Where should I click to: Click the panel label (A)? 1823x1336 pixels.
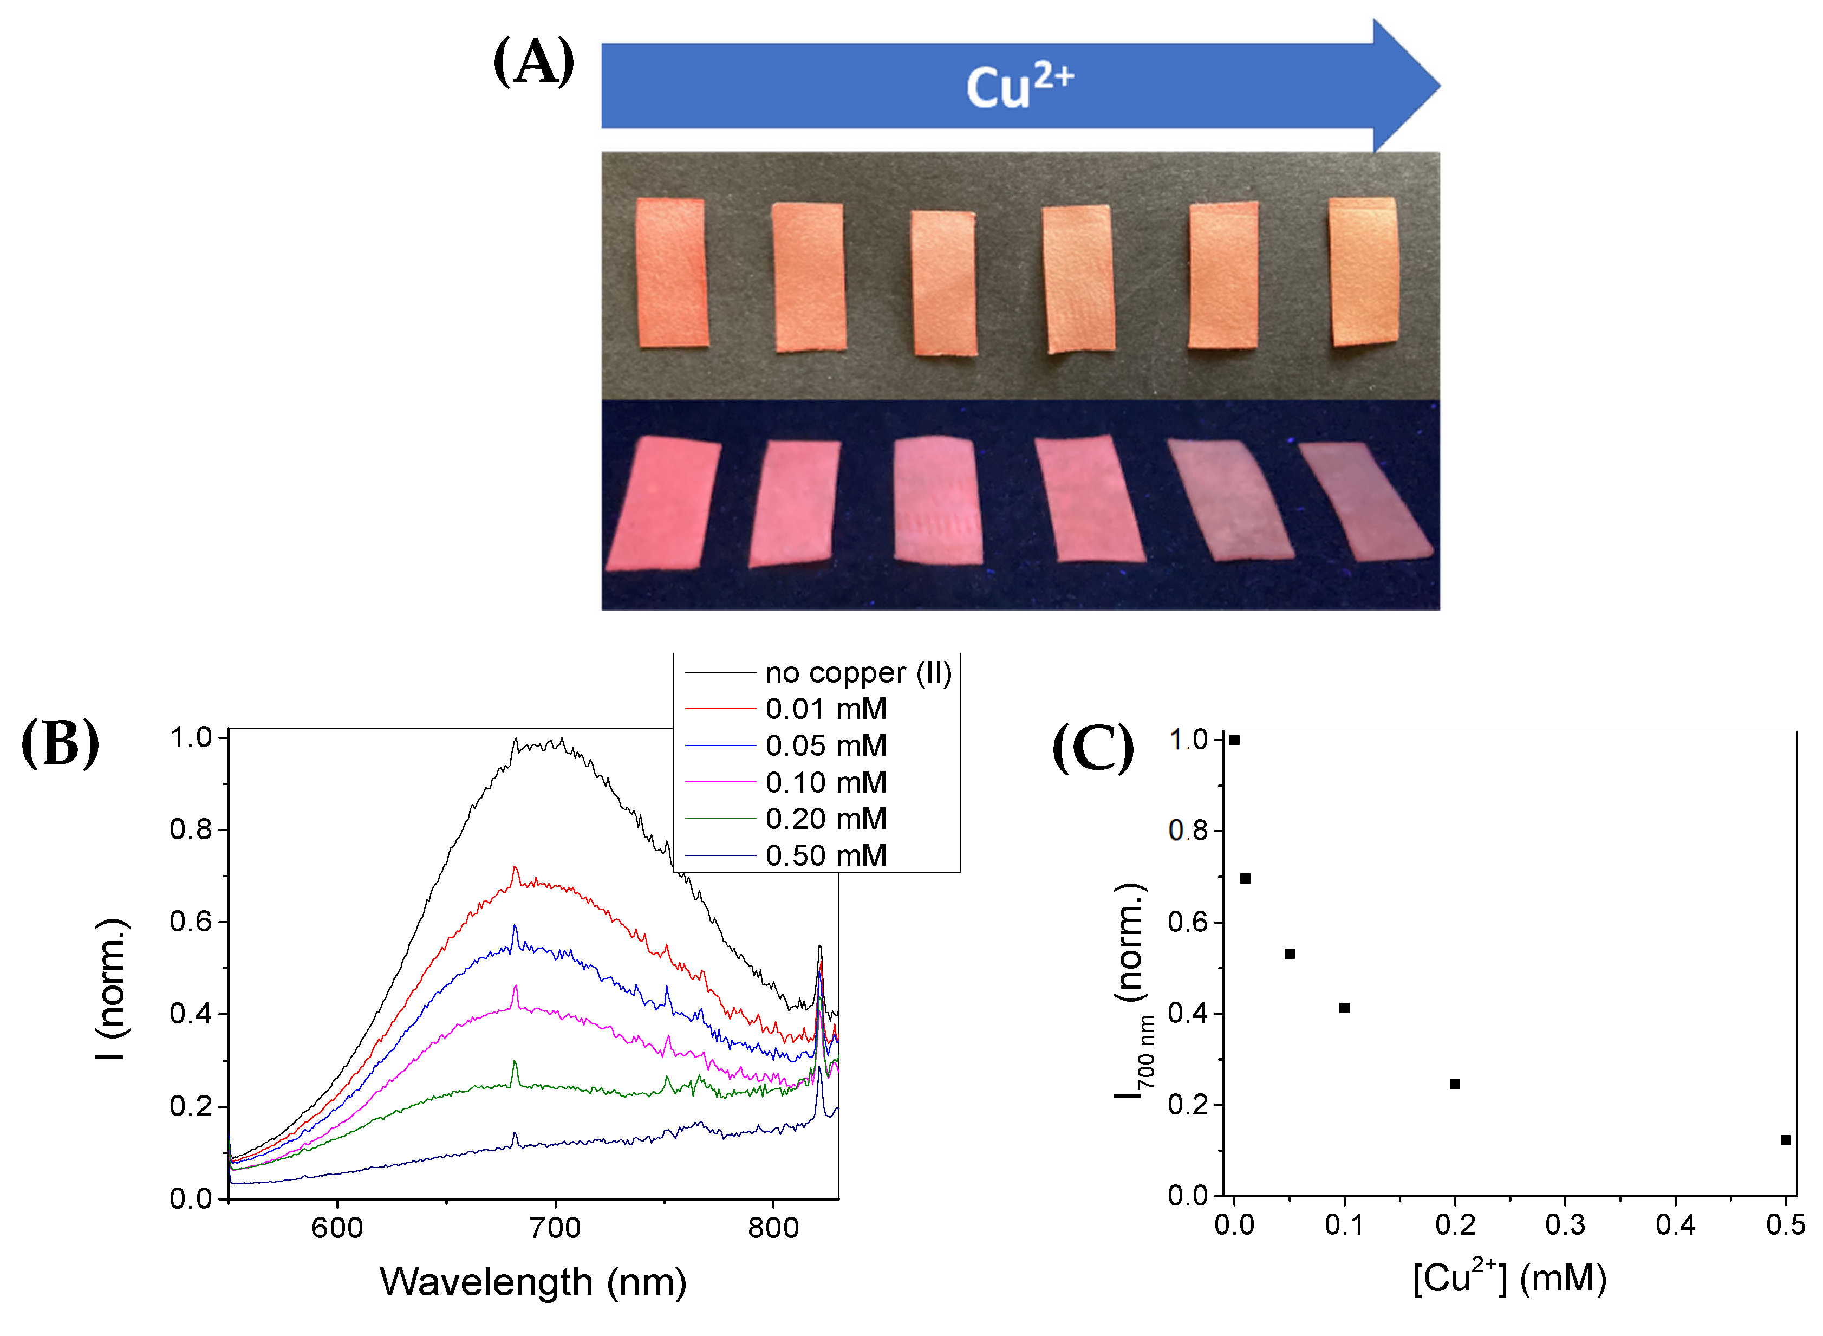[x=533, y=62]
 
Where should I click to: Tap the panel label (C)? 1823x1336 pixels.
[x=1093, y=748]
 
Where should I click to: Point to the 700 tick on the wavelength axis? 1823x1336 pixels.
[x=555, y=1228]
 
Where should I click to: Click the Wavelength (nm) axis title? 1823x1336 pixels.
[x=533, y=1282]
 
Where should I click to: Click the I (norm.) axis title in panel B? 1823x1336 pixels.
[x=112, y=988]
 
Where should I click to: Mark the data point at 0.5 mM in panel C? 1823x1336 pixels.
[x=1785, y=1140]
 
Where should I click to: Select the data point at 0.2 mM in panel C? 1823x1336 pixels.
[x=1454, y=1085]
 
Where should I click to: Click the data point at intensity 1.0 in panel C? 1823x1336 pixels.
[x=1234, y=740]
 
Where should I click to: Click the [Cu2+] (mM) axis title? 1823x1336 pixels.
[x=1508, y=1279]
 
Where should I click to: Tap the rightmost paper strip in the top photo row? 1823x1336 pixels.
[x=1364, y=272]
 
